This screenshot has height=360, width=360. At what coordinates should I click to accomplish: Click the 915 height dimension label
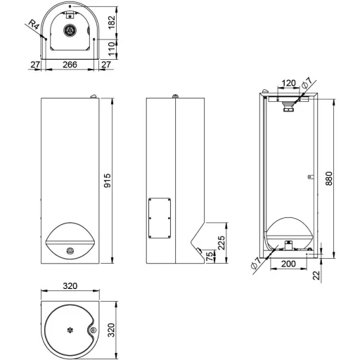(108, 181)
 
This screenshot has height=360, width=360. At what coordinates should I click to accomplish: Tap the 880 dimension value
(329, 179)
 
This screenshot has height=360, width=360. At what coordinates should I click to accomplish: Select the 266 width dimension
(70, 65)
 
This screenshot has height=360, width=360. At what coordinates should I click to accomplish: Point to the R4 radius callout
(33, 25)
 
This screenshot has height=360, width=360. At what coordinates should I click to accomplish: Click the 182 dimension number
(112, 22)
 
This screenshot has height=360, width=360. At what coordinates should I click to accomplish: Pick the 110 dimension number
(112, 49)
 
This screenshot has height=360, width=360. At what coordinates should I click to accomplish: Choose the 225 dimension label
(221, 243)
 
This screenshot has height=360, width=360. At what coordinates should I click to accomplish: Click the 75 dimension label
(211, 256)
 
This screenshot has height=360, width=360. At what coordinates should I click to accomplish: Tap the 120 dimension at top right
(288, 83)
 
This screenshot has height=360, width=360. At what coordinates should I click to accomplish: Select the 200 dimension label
(288, 264)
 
